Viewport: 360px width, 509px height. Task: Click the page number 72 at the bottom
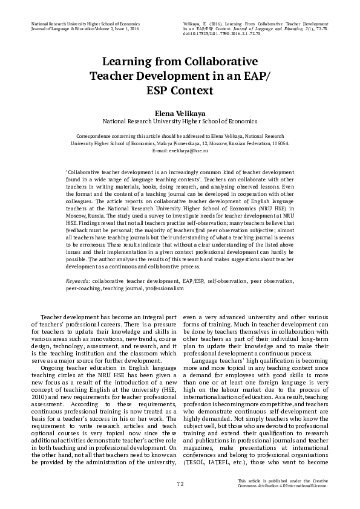coord(180,484)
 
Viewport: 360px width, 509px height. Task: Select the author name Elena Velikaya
coord(180,112)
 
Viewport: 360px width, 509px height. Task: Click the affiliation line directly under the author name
coord(180,121)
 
